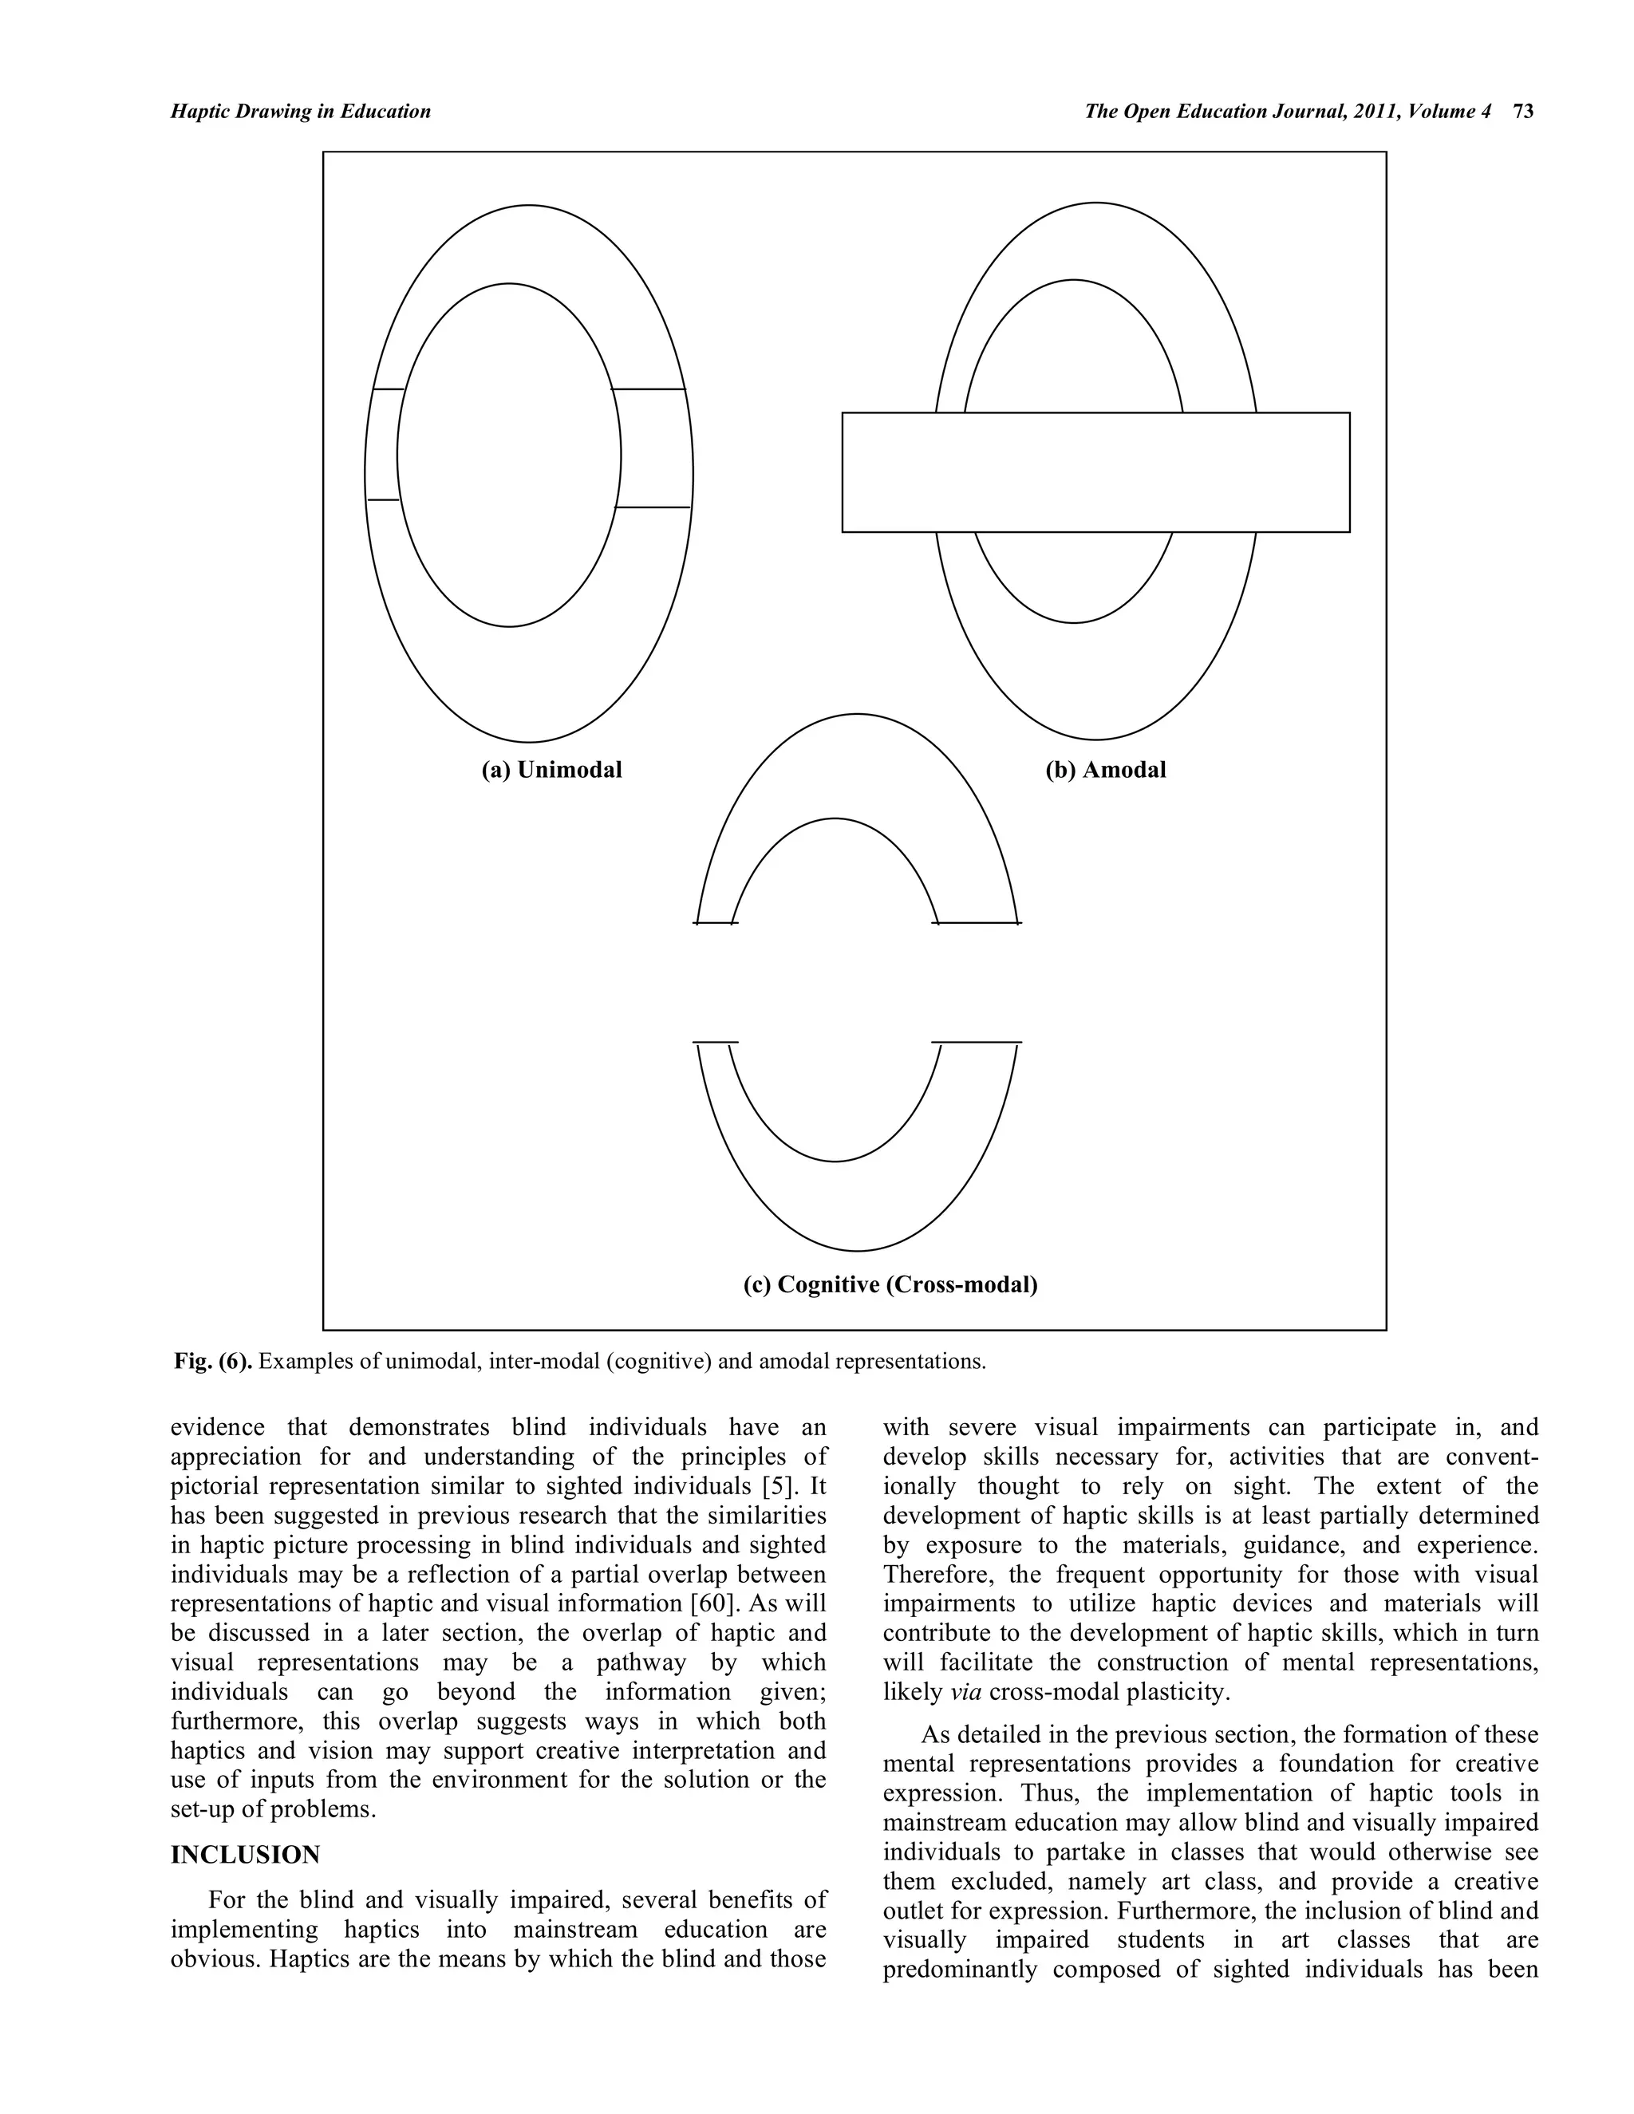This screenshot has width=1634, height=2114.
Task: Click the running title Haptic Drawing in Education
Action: tap(300, 112)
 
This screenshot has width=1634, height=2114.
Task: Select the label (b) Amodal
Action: tap(1106, 770)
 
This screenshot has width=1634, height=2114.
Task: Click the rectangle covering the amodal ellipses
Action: tap(1095, 472)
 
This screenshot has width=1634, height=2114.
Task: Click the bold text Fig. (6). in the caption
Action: tap(213, 1361)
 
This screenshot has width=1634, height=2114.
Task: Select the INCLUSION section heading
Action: tap(245, 1855)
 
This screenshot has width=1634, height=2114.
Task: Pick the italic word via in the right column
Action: tap(957, 1692)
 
